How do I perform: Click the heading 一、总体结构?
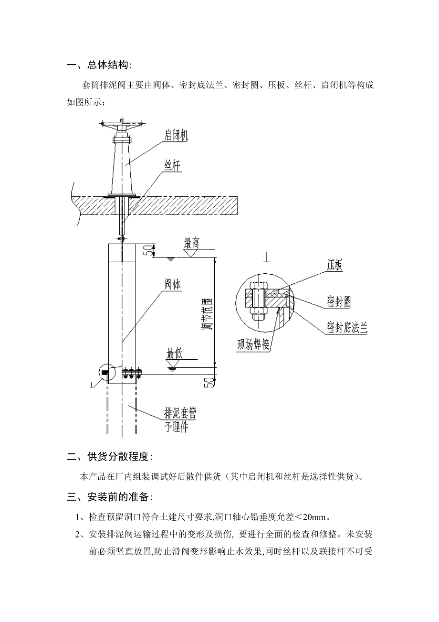click(99, 65)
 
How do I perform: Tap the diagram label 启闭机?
click(176, 136)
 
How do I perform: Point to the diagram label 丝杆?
click(173, 166)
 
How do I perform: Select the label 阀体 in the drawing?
click(173, 285)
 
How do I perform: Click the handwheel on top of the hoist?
click(122, 126)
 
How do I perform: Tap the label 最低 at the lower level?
click(175, 354)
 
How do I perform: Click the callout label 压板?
click(335, 265)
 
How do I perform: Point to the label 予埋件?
click(176, 427)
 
